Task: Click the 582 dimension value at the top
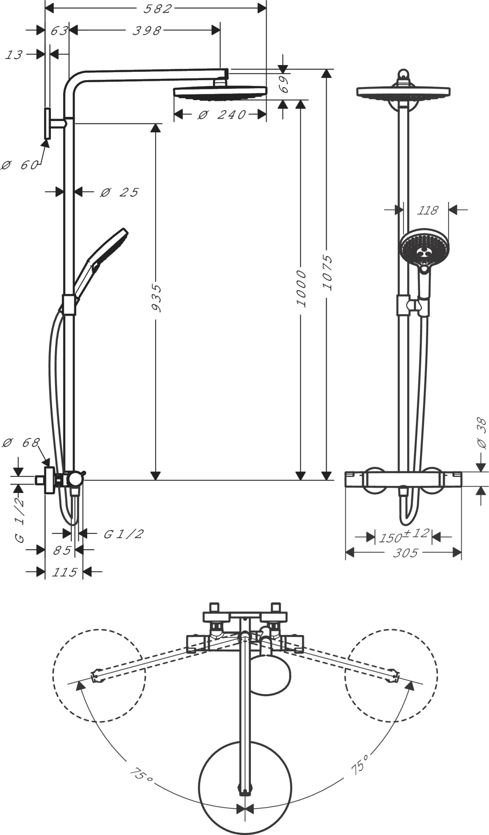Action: pos(156,9)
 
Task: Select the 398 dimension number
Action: pos(146,30)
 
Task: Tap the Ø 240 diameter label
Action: pos(222,114)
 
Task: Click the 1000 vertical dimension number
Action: pos(301,288)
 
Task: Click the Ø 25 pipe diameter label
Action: pos(119,192)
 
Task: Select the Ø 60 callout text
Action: pos(19,165)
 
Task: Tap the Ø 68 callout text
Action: pos(21,443)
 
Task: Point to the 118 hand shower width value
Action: pos(428,210)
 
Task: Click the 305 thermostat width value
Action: pos(405,553)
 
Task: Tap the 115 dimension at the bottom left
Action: pos(64,572)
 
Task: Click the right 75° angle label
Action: pos(360,764)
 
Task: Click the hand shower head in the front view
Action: pos(421,250)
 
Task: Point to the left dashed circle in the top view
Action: pos(99,675)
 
